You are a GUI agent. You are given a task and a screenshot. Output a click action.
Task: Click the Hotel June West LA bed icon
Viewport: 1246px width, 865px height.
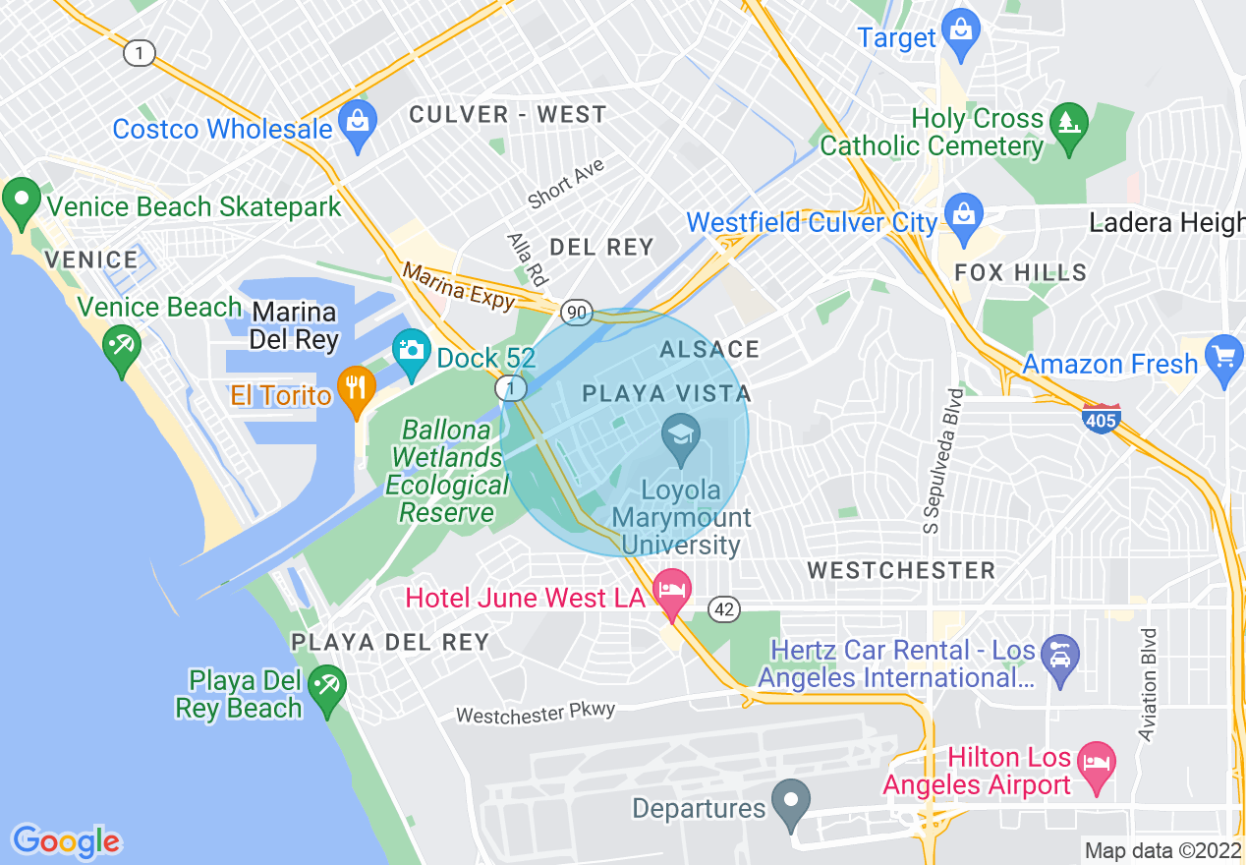click(673, 591)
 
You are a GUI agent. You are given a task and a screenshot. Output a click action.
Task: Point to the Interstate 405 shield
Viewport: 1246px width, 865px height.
click(1102, 418)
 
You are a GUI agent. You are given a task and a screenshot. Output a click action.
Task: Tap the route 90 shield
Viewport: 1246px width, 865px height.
click(576, 313)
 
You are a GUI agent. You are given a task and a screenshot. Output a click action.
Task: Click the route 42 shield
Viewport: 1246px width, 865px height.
click(724, 609)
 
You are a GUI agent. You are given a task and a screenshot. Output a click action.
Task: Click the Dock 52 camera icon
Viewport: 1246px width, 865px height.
click(412, 351)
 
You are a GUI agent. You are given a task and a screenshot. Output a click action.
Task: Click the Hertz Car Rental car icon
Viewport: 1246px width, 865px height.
click(1060, 652)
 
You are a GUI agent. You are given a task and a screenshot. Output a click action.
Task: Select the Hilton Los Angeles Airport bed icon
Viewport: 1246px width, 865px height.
click(1097, 763)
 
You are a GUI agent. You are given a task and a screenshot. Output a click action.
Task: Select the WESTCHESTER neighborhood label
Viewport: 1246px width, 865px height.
click(901, 570)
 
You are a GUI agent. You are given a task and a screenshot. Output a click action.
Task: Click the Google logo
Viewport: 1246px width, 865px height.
click(66, 840)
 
